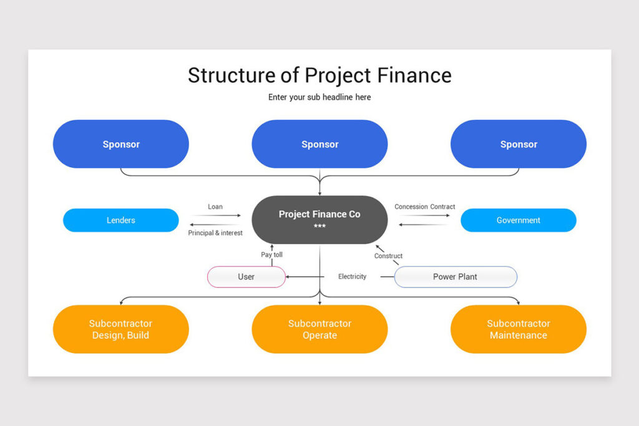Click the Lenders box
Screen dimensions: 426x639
coord(120,220)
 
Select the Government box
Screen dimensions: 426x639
coord(518,220)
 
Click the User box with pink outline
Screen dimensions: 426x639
coord(246,276)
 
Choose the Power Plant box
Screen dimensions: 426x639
coord(455,276)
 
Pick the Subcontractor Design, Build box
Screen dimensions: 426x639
coord(120,329)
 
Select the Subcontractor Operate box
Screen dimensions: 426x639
coord(319,329)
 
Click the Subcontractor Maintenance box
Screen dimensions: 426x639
coord(518,329)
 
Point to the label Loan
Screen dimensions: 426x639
coord(215,206)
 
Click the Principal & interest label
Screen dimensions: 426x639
coord(215,233)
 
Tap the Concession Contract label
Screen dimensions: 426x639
coord(424,206)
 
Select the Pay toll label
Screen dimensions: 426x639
coord(271,254)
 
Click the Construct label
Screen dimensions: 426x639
coord(388,256)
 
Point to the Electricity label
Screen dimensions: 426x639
coord(352,276)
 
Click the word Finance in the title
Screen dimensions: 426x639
coord(413,75)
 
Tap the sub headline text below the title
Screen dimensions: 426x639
coord(319,97)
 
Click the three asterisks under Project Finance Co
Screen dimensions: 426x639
coord(319,226)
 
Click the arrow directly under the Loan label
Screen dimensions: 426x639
coord(215,215)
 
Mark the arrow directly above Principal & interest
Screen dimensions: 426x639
coord(215,225)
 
